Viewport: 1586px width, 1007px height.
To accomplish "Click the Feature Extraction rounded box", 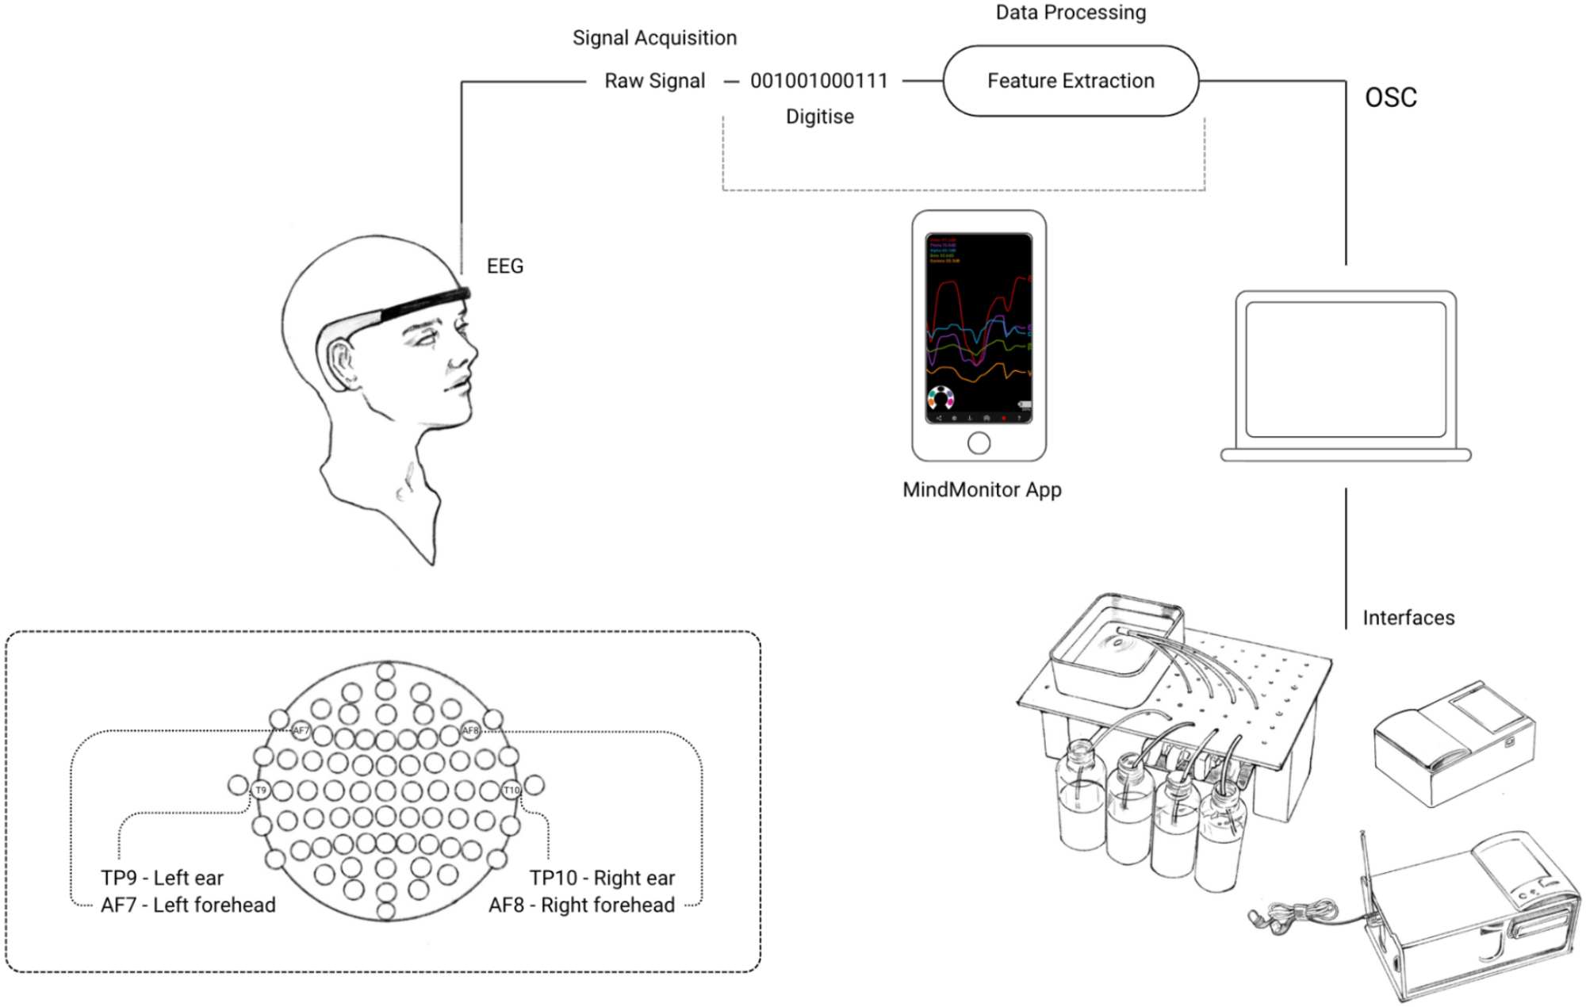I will click(1070, 81).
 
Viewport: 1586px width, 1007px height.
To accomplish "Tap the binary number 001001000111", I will click(818, 81).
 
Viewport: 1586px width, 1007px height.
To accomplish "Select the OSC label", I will click(1390, 98).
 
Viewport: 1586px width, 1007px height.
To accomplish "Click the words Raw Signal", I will click(654, 81).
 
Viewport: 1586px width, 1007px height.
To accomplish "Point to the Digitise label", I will click(819, 117).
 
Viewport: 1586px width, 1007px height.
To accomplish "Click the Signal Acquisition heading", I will click(654, 38).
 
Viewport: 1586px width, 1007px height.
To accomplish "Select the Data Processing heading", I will click(1071, 13).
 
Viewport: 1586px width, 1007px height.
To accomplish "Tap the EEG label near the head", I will click(505, 266).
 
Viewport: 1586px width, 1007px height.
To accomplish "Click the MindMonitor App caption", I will click(982, 489).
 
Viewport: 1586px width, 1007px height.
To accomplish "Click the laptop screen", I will click(1346, 369).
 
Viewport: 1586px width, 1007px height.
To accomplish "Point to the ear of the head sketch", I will click(343, 363).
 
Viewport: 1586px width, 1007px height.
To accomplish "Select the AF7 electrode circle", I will click(301, 730).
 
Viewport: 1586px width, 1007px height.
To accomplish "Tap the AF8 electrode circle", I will click(470, 730).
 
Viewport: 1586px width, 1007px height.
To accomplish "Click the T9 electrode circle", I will click(261, 790).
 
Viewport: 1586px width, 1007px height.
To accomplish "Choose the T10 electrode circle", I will click(511, 790).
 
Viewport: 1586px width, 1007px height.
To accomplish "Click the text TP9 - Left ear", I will click(162, 878).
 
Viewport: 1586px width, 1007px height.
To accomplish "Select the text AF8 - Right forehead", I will click(581, 905).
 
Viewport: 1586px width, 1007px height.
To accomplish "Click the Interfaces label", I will click(1408, 618).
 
